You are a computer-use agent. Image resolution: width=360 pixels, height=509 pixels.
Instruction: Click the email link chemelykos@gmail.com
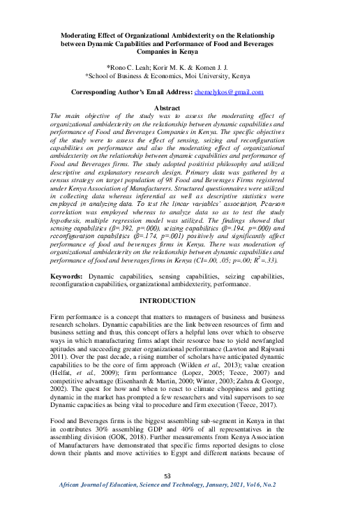click(230, 92)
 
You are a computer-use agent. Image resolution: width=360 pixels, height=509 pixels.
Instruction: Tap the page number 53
click(167, 477)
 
